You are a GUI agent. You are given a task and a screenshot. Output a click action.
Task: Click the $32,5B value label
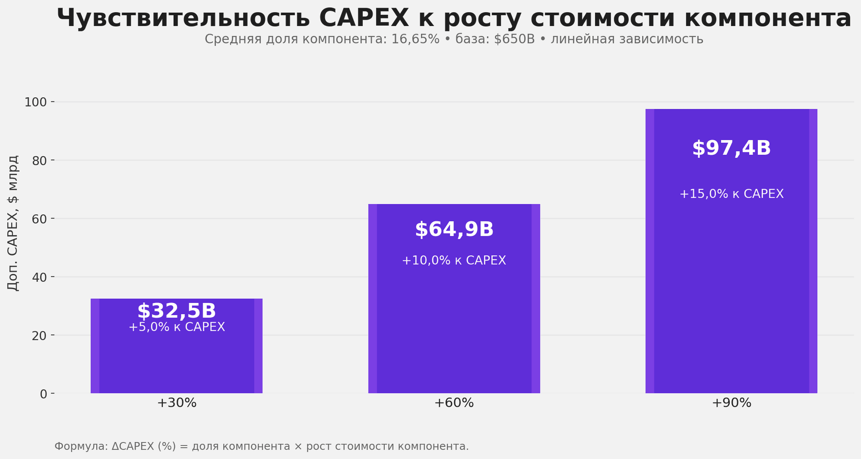176,311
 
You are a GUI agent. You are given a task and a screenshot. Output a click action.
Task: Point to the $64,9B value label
454,230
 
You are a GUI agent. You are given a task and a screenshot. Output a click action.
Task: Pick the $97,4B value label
731,149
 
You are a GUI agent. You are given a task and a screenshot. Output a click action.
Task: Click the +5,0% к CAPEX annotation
177,327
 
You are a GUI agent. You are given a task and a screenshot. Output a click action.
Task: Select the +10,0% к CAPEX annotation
454,261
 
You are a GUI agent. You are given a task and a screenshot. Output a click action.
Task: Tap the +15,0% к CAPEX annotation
731,194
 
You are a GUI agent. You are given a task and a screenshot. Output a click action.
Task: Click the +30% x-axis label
177,403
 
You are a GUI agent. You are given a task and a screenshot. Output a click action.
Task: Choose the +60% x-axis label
454,403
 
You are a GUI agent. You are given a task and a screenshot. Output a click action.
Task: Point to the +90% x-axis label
731,403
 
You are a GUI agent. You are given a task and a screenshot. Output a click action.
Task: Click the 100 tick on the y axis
35,102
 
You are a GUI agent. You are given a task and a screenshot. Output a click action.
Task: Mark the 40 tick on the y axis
39,277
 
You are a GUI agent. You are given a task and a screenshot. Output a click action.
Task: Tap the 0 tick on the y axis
43,394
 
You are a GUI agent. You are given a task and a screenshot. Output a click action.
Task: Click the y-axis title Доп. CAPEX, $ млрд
13,223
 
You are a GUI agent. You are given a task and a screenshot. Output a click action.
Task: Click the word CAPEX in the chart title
364,18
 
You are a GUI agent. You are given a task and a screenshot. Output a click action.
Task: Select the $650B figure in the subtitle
514,39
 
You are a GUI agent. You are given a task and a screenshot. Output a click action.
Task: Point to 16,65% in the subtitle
415,39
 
